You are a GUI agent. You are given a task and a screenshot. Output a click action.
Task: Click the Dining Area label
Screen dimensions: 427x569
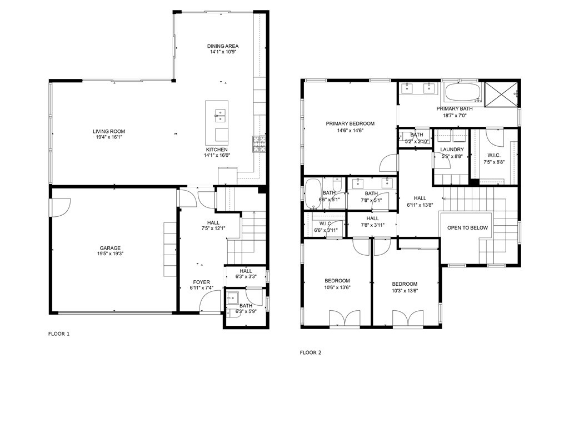(x=223, y=46)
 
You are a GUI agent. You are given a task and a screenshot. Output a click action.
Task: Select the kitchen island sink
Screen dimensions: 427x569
(x=221, y=115)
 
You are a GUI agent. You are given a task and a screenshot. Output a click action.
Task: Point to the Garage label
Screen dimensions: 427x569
(x=110, y=249)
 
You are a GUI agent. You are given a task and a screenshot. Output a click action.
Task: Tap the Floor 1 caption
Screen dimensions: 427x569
(x=59, y=334)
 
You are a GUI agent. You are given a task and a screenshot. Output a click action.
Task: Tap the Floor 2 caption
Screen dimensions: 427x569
(x=310, y=352)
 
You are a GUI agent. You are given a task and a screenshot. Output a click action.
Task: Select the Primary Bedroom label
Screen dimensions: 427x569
(x=350, y=124)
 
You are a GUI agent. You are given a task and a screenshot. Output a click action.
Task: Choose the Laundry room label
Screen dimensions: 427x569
(x=452, y=150)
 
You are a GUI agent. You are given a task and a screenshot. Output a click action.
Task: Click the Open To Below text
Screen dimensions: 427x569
(x=467, y=228)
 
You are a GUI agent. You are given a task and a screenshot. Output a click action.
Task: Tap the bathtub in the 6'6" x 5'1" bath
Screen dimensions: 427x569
(x=313, y=192)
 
